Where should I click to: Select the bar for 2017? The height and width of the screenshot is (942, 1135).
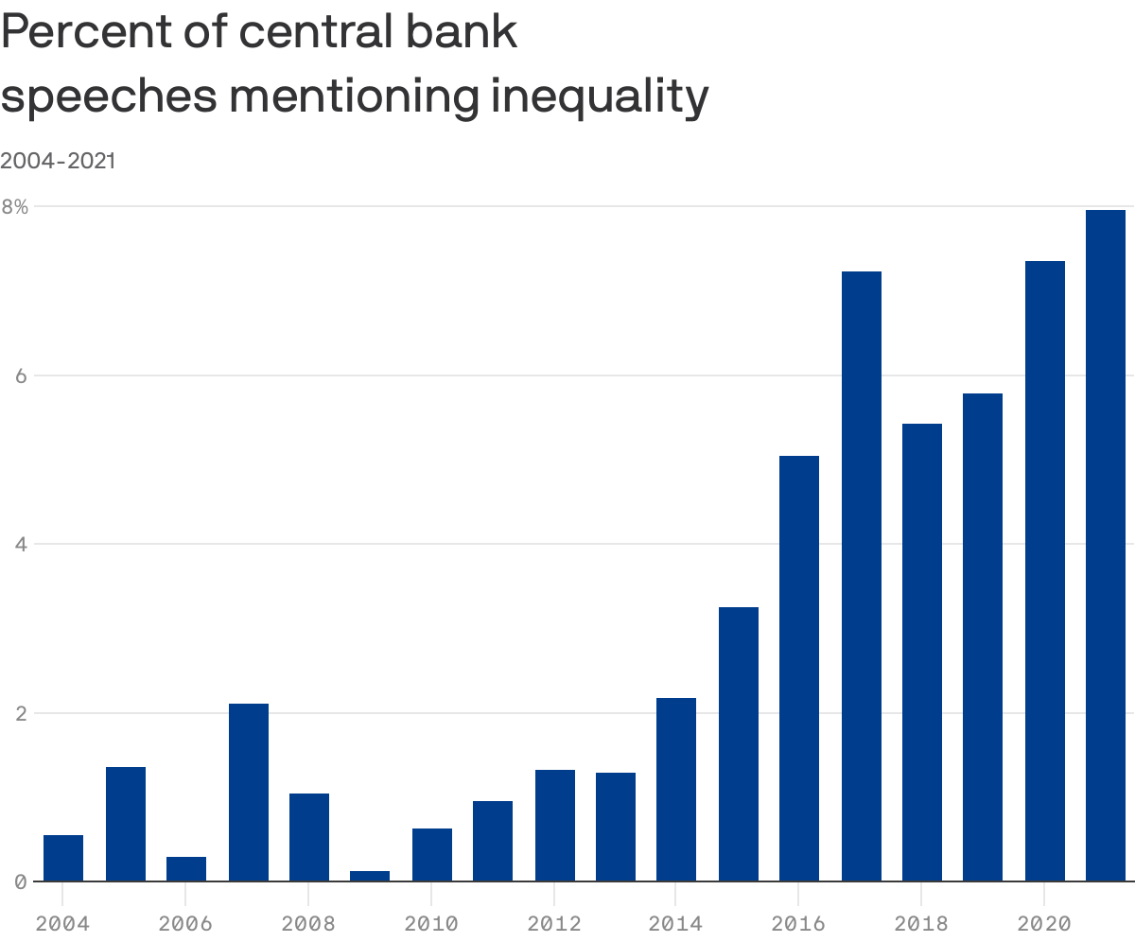coord(861,576)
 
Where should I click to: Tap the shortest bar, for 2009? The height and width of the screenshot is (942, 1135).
coord(369,876)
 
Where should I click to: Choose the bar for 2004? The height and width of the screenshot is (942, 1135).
coord(63,858)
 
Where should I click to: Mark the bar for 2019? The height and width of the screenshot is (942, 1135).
coord(982,637)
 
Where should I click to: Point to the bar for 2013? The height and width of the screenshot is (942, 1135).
coord(615,827)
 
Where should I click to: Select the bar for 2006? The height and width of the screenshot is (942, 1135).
coord(185,868)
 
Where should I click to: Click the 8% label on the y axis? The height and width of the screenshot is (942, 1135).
coord(15,206)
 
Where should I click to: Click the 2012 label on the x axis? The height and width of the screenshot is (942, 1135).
coord(553,923)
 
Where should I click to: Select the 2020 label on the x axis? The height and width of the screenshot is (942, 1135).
coord(1043,923)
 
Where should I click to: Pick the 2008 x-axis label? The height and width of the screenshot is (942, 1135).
coord(308,923)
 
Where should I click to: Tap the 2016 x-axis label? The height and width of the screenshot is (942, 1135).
coord(798,923)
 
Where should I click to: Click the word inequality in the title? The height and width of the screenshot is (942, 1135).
coord(599,96)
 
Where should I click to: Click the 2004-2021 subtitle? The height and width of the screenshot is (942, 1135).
coord(58,161)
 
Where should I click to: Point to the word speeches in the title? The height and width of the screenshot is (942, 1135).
coord(109,96)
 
